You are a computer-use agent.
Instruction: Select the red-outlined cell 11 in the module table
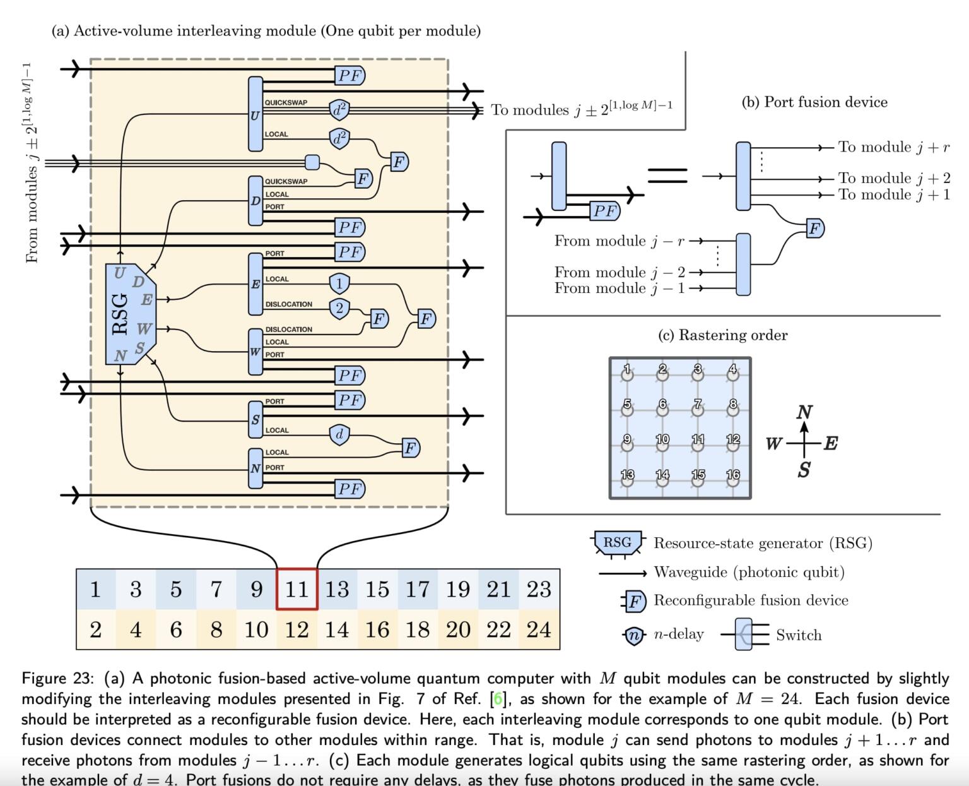point(297,589)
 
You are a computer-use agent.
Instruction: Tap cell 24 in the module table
point(539,629)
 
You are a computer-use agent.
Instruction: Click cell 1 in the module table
point(95,589)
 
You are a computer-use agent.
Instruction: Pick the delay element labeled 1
point(339,283)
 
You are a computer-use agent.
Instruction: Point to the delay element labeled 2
point(339,308)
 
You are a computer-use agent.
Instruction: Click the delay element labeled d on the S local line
point(339,434)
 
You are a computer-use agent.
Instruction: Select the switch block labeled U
point(255,114)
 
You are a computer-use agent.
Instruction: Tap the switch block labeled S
point(255,420)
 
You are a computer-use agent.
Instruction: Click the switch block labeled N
point(255,468)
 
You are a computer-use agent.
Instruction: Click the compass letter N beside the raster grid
point(804,412)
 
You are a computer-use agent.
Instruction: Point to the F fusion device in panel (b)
point(815,229)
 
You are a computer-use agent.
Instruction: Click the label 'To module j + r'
point(893,147)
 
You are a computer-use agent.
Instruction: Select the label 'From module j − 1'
point(619,289)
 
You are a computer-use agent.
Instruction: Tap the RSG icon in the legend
point(617,543)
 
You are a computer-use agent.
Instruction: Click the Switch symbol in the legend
point(752,634)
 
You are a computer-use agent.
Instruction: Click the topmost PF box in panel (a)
point(349,76)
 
